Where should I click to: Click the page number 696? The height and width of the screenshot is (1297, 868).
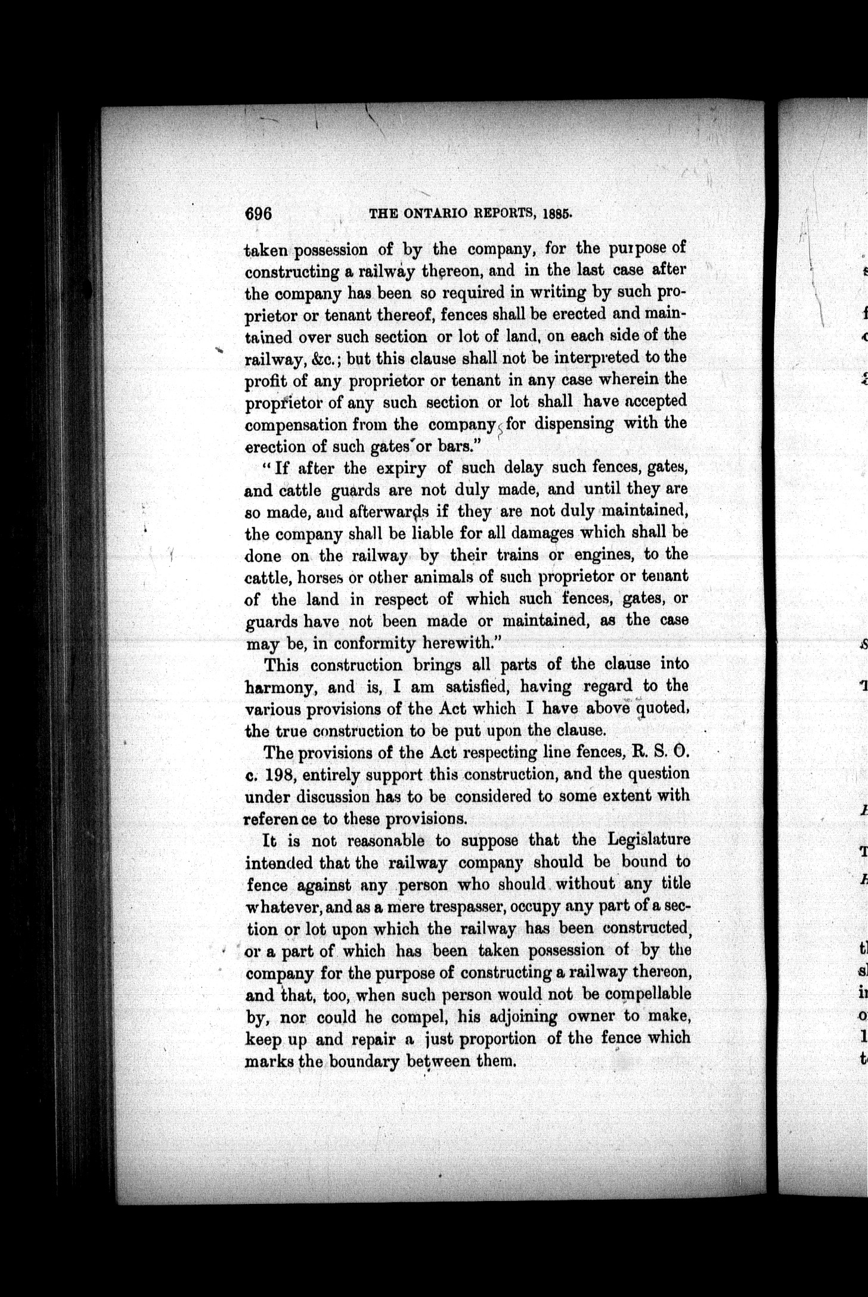258,213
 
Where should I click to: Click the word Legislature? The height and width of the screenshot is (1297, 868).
649,840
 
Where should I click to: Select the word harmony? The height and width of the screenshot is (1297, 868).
280,688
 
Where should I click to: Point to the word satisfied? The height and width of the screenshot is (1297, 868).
476,687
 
